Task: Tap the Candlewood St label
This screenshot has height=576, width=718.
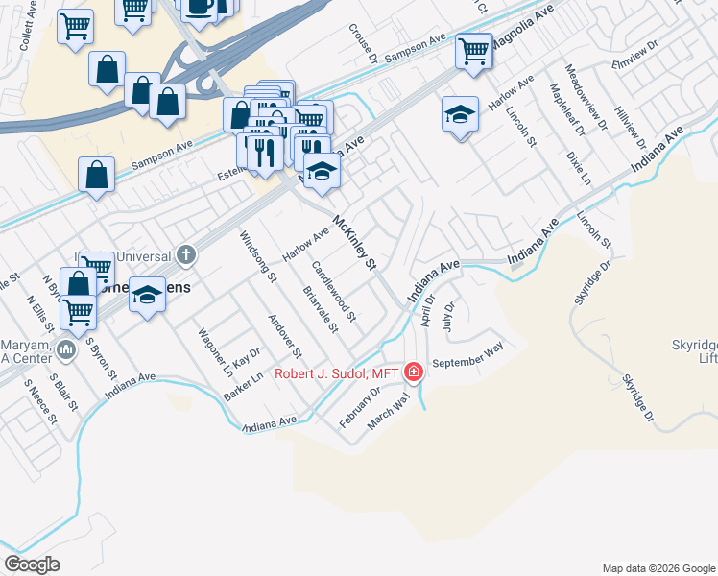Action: pyautogui.click(x=335, y=291)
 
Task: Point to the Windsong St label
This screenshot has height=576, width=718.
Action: pyautogui.click(x=258, y=257)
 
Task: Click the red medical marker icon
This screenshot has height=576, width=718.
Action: pyautogui.click(x=414, y=372)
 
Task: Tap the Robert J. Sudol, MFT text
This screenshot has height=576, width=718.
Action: pyautogui.click(x=337, y=373)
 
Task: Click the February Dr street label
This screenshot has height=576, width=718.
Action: pyautogui.click(x=361, y=406)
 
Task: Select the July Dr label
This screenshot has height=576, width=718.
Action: pyautogui.click(x=448, y=314)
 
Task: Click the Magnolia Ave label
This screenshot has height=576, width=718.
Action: pyautogui.click(x=522, y=32)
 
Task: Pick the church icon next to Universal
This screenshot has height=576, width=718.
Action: pyautogui.click(x=186, y=255)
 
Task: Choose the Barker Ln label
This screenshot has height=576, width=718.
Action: pyautogui.click(x=245, y=388)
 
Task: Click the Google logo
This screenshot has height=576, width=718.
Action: pyautogui.click(x=32, y=564)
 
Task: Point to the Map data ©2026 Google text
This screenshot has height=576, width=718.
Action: pyautogui.click(x=658, y=568)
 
